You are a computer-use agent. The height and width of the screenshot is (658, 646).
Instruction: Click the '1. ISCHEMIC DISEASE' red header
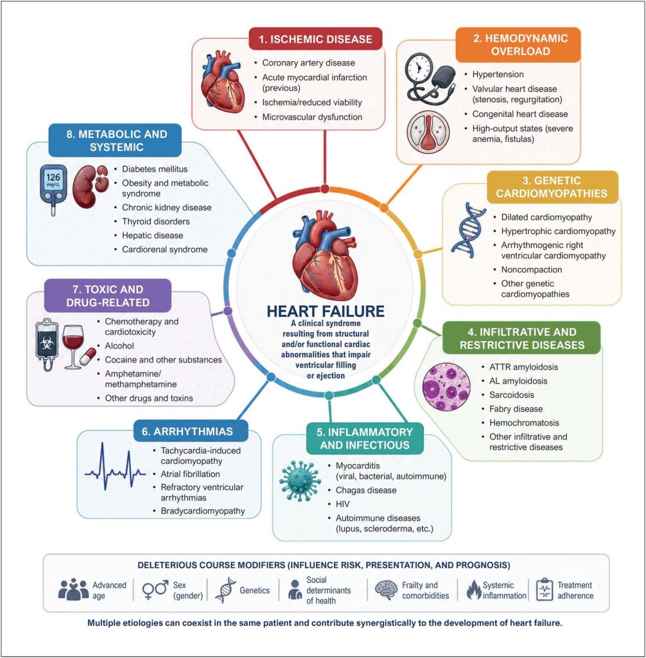click(x=315, y=39)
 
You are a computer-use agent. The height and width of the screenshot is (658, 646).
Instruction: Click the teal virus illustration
click(x=300, y=481)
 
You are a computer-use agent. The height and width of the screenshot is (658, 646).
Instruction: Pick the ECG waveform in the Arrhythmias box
click(x=115, y=467)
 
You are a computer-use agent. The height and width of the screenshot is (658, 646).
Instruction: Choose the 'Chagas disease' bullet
click(x=366, y=490)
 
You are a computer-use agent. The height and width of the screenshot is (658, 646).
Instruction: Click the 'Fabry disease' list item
click(x=516, y=409)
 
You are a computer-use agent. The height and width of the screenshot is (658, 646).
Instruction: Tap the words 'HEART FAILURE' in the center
click(x=326, y=312)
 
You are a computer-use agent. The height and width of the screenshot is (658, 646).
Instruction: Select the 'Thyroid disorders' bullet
click(x=155, y=222)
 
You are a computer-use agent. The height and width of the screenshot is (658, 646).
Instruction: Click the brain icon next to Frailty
click(x=386, y=590)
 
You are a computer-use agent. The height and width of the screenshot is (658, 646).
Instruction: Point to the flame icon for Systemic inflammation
click(x=474, y=590)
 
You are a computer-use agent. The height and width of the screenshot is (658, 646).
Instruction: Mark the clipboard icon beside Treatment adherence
click(x=545, y=590)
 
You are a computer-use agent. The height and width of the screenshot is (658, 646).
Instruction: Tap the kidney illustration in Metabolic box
click(x=90, y=187)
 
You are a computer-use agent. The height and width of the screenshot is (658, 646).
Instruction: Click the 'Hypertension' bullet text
click(x=498, y=75)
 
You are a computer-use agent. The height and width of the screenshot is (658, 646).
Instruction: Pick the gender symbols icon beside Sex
click(x=155, y=590)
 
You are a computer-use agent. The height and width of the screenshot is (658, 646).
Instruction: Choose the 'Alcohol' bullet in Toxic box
click(x=119, y=346)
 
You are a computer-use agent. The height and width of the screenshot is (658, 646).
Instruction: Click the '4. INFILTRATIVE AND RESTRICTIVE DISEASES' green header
click(x=522, y=339)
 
